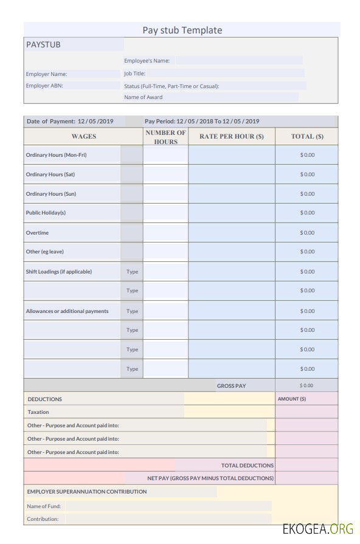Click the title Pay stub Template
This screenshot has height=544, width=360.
pyautogui.click(x=182, y=30)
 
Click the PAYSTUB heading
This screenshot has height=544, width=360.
pyautogui.click(x=43, y=44)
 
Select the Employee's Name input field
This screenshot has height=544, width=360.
pyautogui.click(x=239, y=61)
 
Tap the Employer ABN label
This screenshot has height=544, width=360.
pyautogui.click(x=44, y=86)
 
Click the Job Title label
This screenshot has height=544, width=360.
pyautogui.click(x=134, y=74)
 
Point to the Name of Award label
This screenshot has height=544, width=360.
pyautogui.click(x=144, y=97)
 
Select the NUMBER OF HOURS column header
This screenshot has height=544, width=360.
pyautogui.click(x=165, y=137)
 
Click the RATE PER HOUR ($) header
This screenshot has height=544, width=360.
pyautogui.click(x=231, y=137)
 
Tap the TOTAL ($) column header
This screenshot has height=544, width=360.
pyautogui.click(x=307, y=137)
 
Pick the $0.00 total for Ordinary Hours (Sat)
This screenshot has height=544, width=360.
pyautogui.click(x=307, y=174)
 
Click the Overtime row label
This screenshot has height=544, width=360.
pyautogui.click(x=37, y=233)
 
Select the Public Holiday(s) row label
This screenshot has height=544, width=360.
pyautogui.click(x=46, y=213)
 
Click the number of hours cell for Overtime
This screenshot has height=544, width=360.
pyautogui.click(x=165, y=233)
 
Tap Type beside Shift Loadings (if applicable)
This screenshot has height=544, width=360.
pyautogui.click(x=132, y=272)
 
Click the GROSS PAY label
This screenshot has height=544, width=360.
pyautogui.click(x=231, y=386)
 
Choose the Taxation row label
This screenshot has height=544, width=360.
pyautogui.click(x=38, y=412)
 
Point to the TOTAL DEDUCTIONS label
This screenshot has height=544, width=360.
pyautogui.click(x=247, y=466)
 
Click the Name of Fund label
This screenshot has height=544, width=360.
pyautogui.click(x=44, y=506)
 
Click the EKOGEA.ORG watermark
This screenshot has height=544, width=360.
pyautogui.click(x=317, y=528)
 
